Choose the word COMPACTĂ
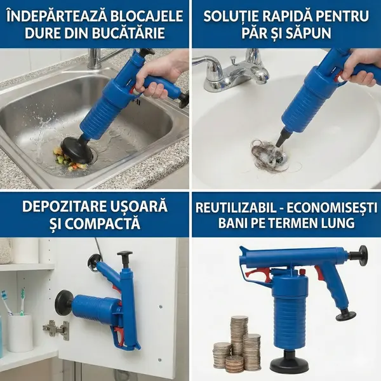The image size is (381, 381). click(x=102, y=224)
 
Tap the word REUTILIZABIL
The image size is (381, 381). click(x=236, y=208)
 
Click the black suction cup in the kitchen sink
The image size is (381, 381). click(x=77, y=147)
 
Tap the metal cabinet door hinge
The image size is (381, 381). click(x=56, y=330)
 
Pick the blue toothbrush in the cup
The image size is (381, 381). click(x=6, y=302)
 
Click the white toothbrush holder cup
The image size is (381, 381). click(x=20, y=332)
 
